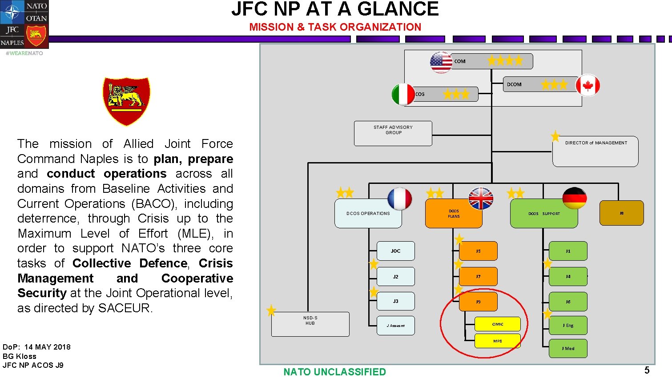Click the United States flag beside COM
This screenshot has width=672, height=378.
(441, 62)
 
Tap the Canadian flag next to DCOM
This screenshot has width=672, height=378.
(587, 86)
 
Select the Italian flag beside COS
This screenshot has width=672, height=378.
(403, 95)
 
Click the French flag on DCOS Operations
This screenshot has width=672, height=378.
(399, 199)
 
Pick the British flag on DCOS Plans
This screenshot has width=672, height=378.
(481, 199)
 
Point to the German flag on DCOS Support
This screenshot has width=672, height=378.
(574, 198)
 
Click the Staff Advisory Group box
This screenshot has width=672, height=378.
(393, 133)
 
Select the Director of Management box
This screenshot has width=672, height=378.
(595, 151)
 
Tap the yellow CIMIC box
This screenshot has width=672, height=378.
(497, 324)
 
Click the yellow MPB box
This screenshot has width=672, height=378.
(497, 341)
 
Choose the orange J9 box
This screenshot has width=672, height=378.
(478, 302)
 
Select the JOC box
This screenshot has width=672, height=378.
(395, 251)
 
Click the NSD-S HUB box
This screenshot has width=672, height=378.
(310, 324)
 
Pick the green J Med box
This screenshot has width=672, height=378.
(568, 349)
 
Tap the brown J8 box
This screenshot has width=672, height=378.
(621, 213)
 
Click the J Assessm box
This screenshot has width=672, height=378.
(395, 326)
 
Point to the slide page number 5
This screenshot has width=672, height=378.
(647, 370)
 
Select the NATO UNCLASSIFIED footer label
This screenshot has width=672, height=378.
(334, 372)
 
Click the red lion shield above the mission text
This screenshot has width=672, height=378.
(126, 101)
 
